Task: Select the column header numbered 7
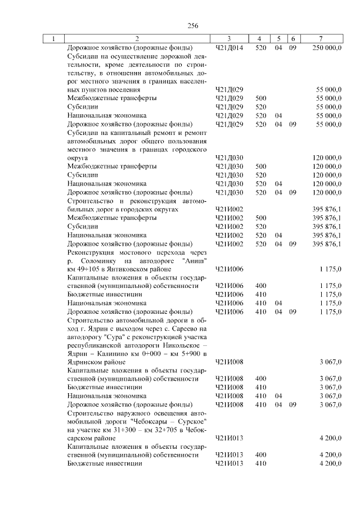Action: [x=320, y=39]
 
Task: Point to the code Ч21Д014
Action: [x=229, y=48]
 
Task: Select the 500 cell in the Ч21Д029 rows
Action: [x=260, y=98]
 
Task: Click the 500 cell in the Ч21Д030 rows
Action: [x=260, y=166]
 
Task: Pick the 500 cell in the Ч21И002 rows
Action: [x=260, y=218]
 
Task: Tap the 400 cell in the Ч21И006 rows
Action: [x=260, y=286]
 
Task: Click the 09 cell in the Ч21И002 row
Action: [x=292, y=244]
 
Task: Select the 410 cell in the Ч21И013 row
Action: [x=260, y=464]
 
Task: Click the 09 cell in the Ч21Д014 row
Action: [x=292, y=48]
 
